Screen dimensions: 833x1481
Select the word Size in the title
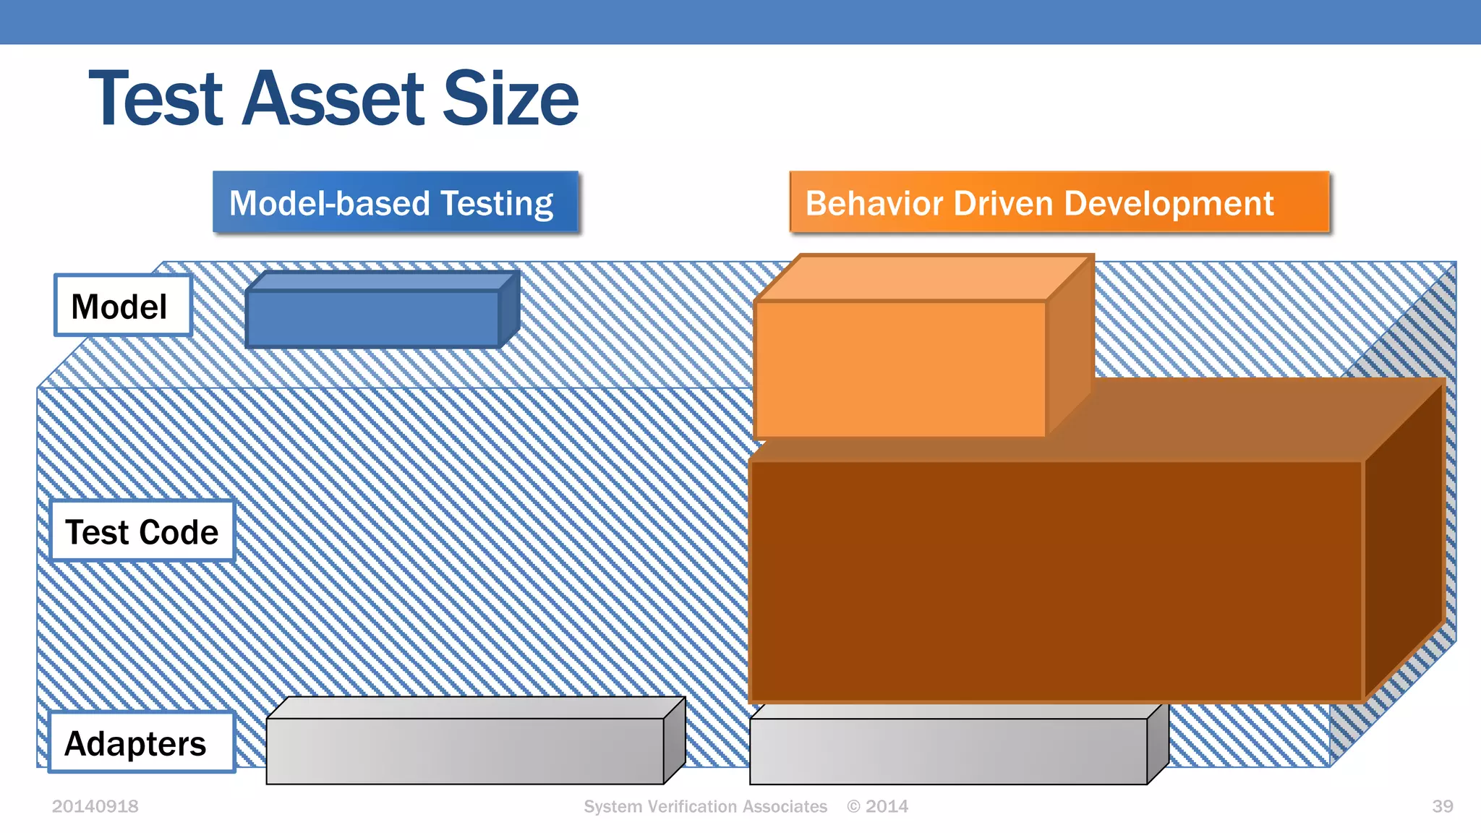click(510, 98)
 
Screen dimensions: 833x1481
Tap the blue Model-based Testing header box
click(395, 202)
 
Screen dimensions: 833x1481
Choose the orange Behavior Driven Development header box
click(1059, 202)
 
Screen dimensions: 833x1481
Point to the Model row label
click(122, 306)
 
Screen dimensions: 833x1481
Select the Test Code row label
click(142, 531)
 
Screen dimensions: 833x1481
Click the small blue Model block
click(372, 318)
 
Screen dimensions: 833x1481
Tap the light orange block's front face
click(900, 369)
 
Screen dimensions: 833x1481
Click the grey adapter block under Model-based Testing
click(464, 751)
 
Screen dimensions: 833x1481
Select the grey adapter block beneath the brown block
click(947, 751)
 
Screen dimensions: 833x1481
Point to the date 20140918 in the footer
click(95, 806)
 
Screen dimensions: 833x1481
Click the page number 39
click(1442, 806)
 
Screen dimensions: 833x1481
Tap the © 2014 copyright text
click(877, 806)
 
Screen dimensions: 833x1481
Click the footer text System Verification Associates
click(705, 806)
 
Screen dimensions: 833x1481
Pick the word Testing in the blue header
click(497, 204)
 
